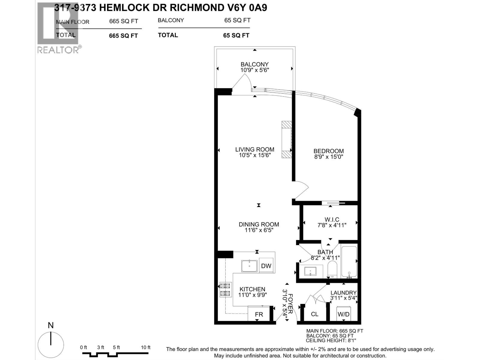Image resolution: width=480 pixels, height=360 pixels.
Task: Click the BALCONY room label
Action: pyautogui.click(x=254, y=64)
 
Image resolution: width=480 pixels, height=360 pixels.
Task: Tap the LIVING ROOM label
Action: pyautogui.click(x=254, y=149)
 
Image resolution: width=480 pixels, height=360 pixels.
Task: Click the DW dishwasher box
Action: pyautogui.click(x=266, y=265)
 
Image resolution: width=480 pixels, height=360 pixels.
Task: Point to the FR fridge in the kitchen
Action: pyautogui.click(x=259, y=314)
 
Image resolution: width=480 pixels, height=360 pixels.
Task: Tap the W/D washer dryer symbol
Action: pyautogui.click(x=343, y=314)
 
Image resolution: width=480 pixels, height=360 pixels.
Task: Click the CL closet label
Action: pyautogui.click(x=314, y=314)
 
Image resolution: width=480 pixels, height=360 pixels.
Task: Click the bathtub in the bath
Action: pyautogui.click(x=349, y=261)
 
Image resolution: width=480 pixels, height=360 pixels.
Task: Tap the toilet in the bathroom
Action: pyautogui.click(x=332, y=269)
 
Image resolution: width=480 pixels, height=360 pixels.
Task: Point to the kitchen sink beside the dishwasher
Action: pyautogui.click(x=249, y=266)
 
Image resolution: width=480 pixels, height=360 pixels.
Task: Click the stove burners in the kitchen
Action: pyautogui.click(x=225, y=289)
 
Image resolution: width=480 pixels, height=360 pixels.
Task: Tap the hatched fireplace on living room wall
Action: pyautogui.click(x=286, y=139)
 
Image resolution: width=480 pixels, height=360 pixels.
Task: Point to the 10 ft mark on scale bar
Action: pyautogui.click(x=145, y=347)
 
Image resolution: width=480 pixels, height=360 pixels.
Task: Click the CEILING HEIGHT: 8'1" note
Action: pyautogui.click(x=331, y=340)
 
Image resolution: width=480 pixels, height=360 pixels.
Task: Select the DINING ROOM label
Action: pyautogui.click(x=259, y=224)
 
